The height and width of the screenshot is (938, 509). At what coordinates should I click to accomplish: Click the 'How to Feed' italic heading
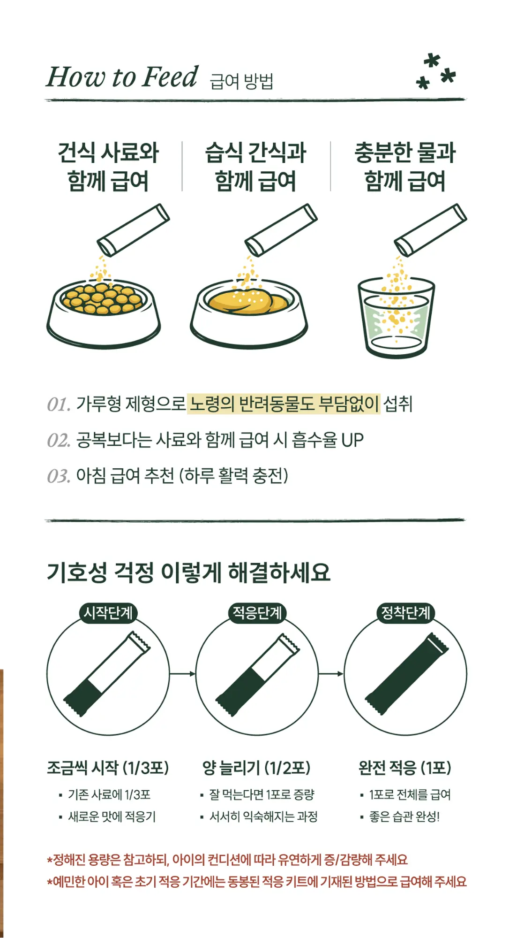(x=122, y=77)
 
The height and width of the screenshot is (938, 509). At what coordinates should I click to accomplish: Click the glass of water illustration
(x=397, y=319)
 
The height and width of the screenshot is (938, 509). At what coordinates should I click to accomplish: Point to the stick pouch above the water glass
(x=430, y=230)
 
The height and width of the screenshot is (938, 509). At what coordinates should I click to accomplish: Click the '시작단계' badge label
(x=108, y=613)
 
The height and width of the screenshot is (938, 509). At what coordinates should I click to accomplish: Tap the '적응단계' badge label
(x=257, y=613)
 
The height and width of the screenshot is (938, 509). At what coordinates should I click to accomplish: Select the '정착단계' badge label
(x=405, y=613)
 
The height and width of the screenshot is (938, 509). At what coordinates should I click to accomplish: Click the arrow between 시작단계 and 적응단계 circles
(x=182, y=674)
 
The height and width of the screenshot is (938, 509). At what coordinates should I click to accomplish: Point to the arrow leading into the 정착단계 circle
(x=331, y=674)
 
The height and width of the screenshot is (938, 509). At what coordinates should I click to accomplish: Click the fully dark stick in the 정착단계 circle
(x=406, y=674)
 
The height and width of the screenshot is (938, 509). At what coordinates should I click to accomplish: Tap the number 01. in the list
(x=59, y=404)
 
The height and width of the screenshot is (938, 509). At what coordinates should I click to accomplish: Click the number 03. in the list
(x=59, y=476)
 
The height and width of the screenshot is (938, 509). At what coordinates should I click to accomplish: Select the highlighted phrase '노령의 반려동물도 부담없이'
(x=284, y=404)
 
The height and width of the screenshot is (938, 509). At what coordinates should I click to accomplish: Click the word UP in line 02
(x=352, y=440)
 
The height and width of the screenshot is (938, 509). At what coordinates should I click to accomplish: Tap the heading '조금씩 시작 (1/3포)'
(x=108, y=768)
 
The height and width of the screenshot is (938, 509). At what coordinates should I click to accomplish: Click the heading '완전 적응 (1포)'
(x=404, y=768)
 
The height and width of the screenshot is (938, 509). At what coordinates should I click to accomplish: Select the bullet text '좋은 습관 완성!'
(x=404, y=817)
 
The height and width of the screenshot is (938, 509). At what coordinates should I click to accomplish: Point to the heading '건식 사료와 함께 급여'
(x=108, y=167)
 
